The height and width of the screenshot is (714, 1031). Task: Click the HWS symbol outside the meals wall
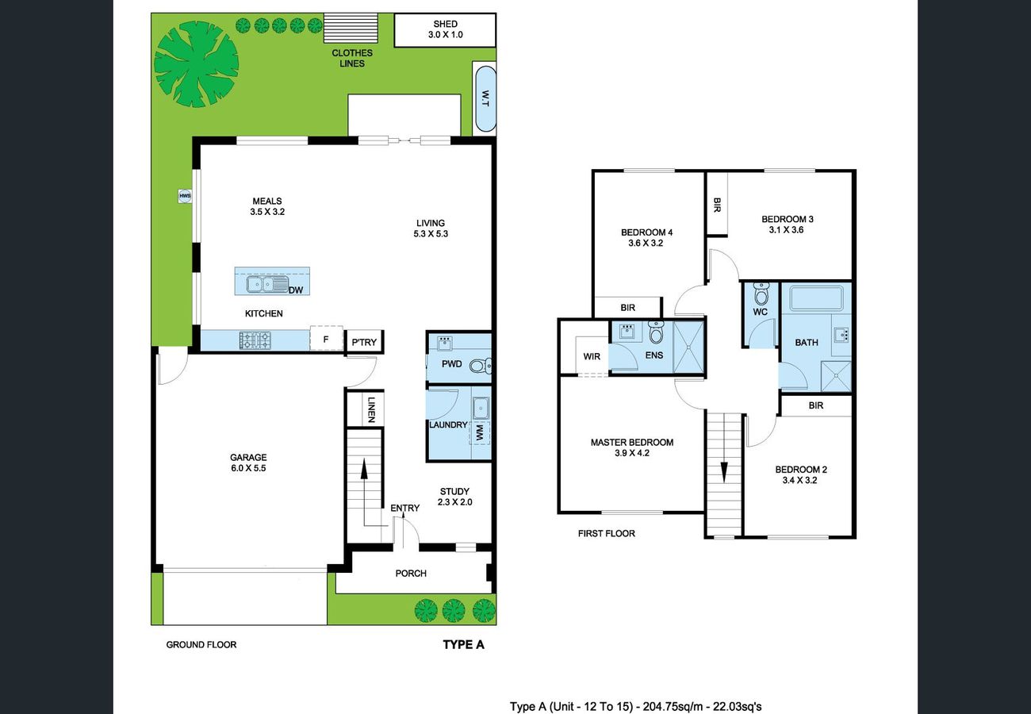(x=185, y=196)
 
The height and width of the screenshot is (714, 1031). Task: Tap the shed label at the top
(x=445, y=24)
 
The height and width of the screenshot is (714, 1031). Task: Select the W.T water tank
(x=485, y=98)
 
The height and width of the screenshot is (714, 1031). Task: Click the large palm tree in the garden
(x=196, y=64)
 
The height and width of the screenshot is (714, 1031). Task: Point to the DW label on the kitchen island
(x=296, y=290)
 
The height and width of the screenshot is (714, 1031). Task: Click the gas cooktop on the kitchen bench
(x=255, y=340)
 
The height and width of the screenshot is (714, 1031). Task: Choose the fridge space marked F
(x=326, y=340)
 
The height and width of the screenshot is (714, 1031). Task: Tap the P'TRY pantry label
(x=364, y=342)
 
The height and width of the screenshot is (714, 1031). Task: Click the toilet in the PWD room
(x=480, y=367)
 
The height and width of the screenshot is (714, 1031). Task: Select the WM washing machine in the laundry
(x=480, y=432)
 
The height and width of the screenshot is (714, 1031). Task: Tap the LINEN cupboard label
(x=372, y=409)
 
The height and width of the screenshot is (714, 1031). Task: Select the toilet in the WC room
(x=761, y=293)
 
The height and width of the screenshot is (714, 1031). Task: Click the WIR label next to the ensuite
(x=592, y=356)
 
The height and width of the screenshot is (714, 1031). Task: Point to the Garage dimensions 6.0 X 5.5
(x=248, y=468)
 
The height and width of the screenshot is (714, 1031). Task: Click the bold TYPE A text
(x=463, y=644)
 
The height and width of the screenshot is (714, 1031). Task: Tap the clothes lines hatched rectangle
(x=351, y=28)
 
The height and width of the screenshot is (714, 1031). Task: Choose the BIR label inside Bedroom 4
(x=628, y=308)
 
